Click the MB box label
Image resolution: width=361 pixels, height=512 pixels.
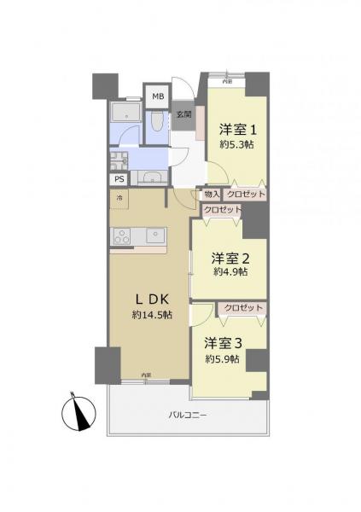tap(158, 96)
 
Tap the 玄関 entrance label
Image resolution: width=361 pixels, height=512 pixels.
tap(183, 114)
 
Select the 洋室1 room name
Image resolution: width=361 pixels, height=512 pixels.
tap(237, 130)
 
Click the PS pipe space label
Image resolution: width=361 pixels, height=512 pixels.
tap(119, 179)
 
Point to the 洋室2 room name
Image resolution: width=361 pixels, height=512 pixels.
tap(230, 257)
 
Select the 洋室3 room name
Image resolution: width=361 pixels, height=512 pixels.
tap(224, 344)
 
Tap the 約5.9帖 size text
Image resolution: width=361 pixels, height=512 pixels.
tap(223, 359)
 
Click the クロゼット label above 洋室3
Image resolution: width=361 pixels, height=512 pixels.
tap(243, 307)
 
